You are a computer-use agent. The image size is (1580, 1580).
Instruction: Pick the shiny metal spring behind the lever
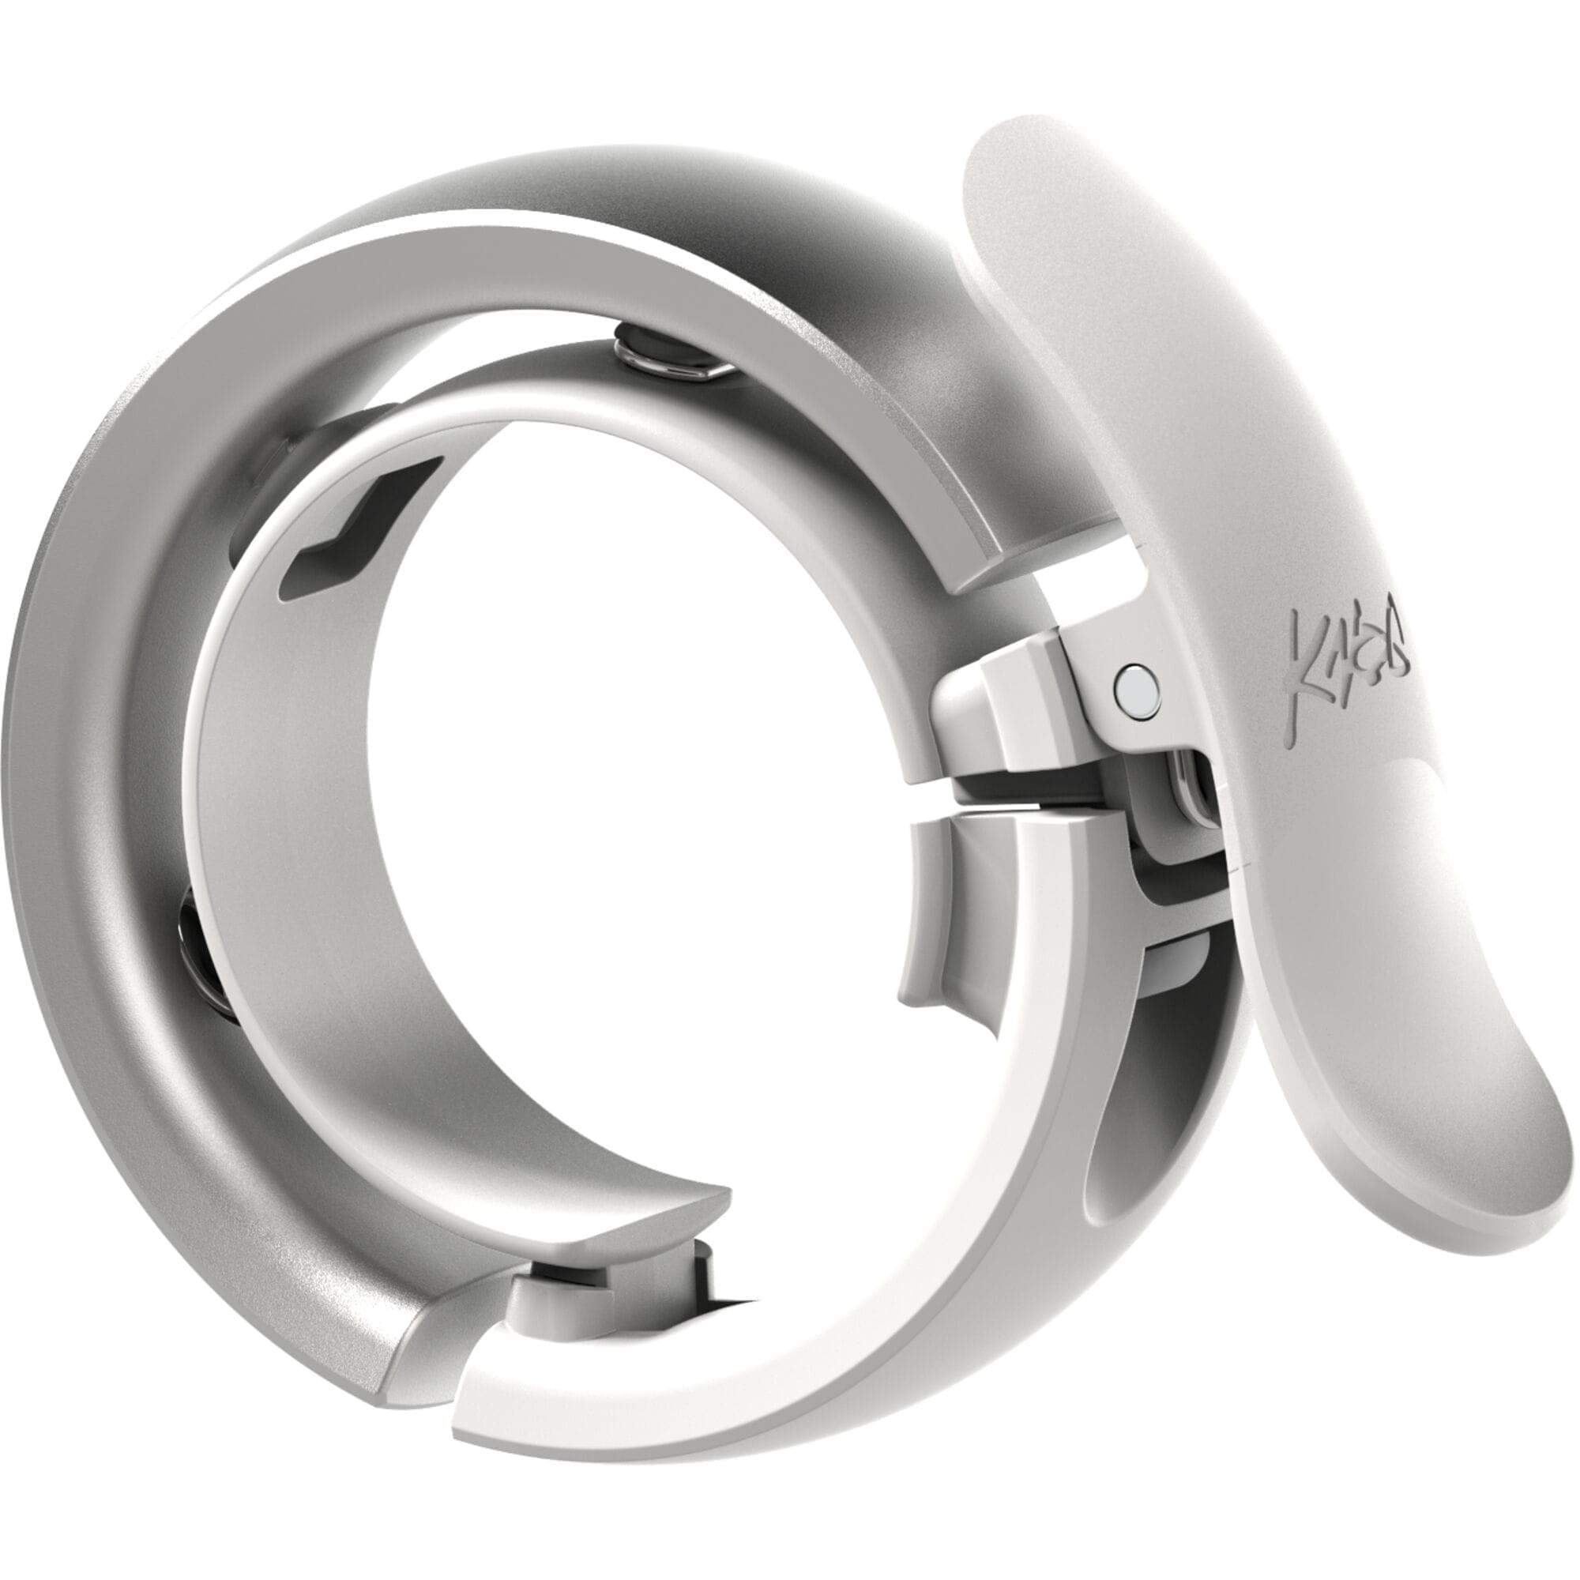[1190, 785]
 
